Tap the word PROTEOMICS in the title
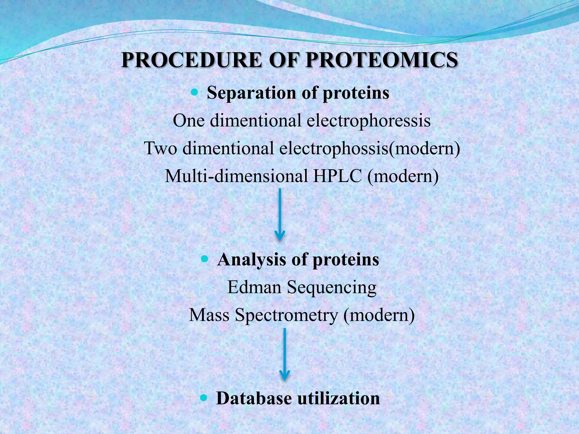pos(382,60)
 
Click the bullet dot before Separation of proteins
pos(195,92)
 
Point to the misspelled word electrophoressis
pos(369,120)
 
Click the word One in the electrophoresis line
pos(189,120)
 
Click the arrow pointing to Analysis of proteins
pos(280,215)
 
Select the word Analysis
pos(252,259)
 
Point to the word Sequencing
pos(332,288)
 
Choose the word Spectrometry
pos(287,315)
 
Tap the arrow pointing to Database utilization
pos(284,355)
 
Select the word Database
pos(254,398)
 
